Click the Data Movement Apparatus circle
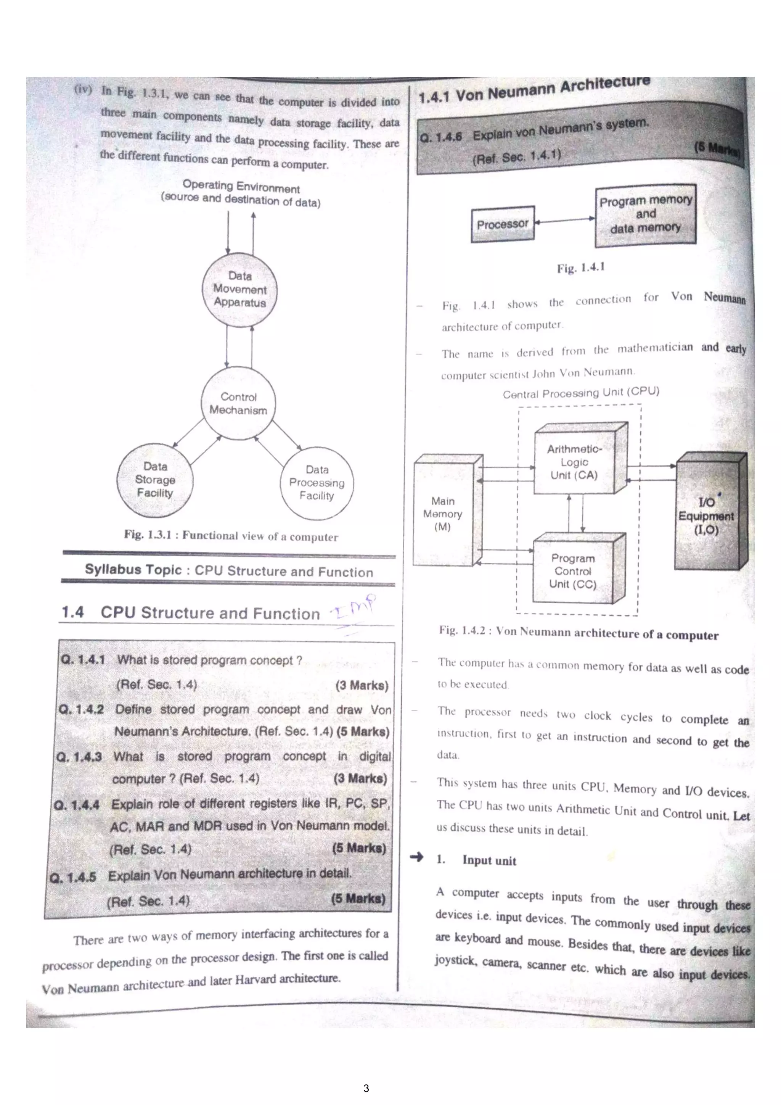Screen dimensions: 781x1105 click(239, 290)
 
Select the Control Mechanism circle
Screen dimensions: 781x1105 click(238, 403)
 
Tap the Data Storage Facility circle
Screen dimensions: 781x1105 click(155, 480)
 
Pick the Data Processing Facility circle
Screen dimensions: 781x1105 click(317, 483)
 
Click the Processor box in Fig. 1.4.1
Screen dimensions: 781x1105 click(503, 224)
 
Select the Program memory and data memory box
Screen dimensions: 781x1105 click(645, 215)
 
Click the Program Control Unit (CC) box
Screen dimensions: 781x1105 click(573, 571)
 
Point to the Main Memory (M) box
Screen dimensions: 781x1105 click(443, 514)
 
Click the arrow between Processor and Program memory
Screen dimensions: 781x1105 click(565, 221)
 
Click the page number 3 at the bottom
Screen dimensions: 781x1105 click(366, 1088)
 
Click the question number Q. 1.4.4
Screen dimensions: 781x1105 click(77, 805)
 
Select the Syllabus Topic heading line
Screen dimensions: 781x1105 click(229, 571)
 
